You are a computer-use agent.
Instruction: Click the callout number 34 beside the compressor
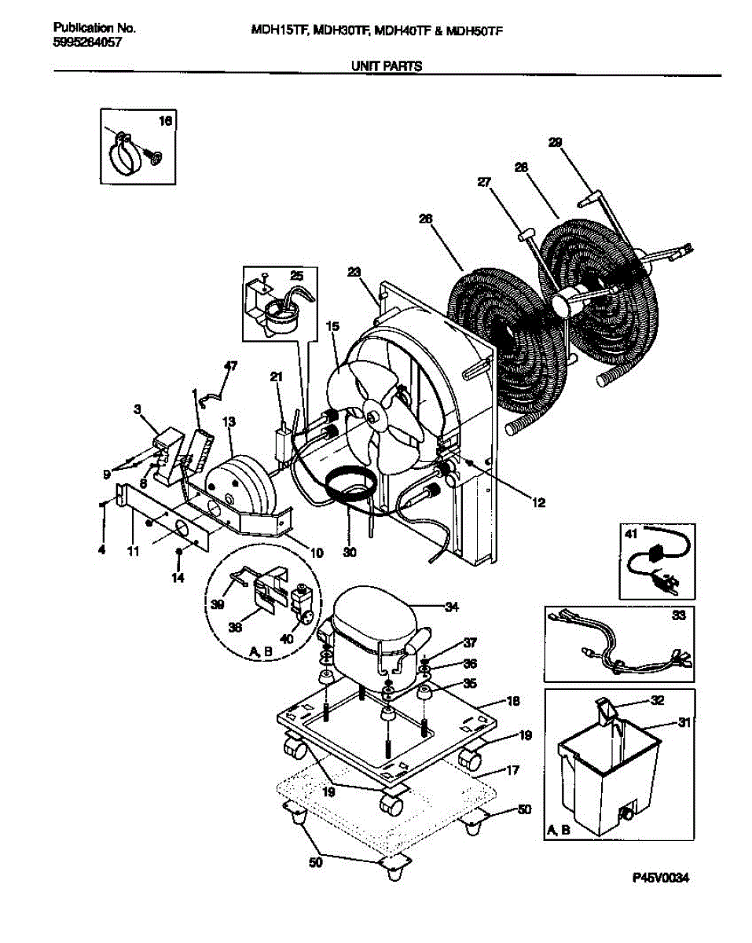(451, 607)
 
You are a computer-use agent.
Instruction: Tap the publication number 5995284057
(87, 42)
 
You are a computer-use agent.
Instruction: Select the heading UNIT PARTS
(387, 66)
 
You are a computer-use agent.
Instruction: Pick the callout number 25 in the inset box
(297, 276)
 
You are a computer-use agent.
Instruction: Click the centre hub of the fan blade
(373, 417)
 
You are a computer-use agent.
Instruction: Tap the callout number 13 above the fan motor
(229, 422)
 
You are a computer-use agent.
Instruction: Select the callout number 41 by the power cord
(631, 534)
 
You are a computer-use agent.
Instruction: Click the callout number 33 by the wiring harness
(678, 615)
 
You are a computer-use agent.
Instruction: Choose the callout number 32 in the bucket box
(658, 700)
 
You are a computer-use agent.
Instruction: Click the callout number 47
(230, 365)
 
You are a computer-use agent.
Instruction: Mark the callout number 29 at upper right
(555, 142)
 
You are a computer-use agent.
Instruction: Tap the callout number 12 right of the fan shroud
(538, 503)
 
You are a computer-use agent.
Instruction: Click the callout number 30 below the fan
(349, 552)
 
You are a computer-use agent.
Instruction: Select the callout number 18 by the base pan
(512, 701)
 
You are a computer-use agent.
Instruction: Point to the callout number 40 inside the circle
(286, 639)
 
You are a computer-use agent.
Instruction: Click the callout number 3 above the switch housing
(138, 409)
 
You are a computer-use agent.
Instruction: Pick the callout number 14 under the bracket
(178, 578)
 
